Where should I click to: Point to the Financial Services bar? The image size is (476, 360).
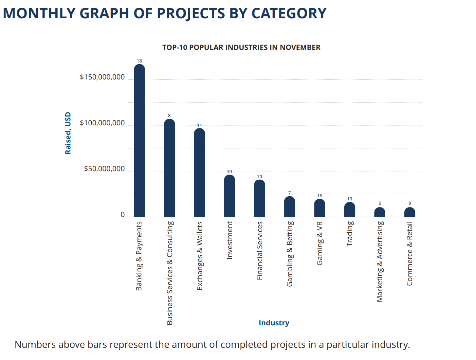[x=259, y=198]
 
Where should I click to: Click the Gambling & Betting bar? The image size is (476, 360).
[x=290, y=207]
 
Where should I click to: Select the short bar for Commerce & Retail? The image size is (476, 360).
[x=410, y=212]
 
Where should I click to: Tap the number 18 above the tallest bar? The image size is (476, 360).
[x=139, y=61]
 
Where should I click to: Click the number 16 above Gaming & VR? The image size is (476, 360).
[x=319, y=196]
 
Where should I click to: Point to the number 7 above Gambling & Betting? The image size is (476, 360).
[x=290, y=193]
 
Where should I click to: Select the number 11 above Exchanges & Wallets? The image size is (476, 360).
[x=199, y=125]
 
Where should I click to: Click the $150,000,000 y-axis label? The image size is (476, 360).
[x=102, y=77]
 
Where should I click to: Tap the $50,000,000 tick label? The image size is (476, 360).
[x=104, y=169]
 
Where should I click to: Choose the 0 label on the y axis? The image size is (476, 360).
[x=123, y=215]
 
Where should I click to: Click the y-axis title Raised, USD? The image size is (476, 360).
[x=68, y=133]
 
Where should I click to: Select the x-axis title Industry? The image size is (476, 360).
[x=274, y=323]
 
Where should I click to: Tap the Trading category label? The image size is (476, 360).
[x=350, y=234]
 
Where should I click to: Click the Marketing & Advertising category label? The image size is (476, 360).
[x=380, y=262]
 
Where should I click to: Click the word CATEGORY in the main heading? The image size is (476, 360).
[x=289, y=14]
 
